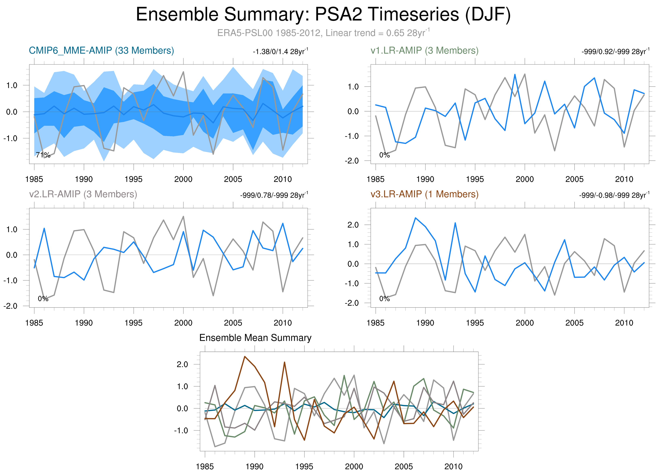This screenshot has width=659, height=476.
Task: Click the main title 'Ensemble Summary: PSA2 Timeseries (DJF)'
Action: [323, 15]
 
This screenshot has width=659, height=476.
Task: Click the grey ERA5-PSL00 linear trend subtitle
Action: [323, 33]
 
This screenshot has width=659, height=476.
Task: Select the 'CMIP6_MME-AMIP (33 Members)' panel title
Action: [101, 51]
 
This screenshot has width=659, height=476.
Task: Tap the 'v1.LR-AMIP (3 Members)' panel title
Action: [424, 51]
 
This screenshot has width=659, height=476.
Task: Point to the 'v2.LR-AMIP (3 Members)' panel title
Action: [83, 194]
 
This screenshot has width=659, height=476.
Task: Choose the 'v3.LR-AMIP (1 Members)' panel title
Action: [424, 194]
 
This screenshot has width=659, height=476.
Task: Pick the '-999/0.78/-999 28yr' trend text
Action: [274, 195]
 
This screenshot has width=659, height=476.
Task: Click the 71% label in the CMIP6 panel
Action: [43, 155]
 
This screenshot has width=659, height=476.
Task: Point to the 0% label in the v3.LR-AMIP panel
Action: [384, 299]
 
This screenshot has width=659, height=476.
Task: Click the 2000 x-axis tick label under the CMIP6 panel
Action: [183, 179]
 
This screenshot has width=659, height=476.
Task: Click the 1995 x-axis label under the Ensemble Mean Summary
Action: [304, 466]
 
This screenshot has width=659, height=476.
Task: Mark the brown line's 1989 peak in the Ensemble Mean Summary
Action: [245, 356]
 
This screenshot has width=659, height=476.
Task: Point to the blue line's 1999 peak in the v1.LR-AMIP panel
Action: [515, 74]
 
